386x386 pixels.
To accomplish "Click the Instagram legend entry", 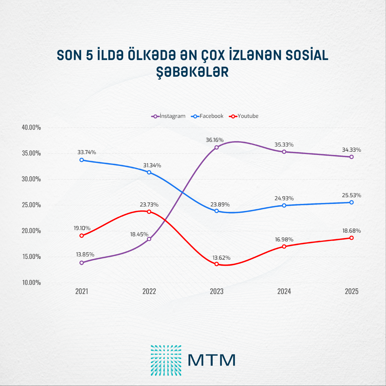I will [169, 116].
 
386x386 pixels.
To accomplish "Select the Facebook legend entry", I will [207, 116].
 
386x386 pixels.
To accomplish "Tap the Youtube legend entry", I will [244, 116].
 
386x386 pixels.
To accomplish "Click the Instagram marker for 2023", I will [216, 147].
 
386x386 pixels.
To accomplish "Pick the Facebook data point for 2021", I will [82, 160].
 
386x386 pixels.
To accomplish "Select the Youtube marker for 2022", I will [149, 212].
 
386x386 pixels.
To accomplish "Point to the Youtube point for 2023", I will [216, 264].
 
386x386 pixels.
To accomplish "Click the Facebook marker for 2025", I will [352, 202].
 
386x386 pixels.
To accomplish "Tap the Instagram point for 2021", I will [82, 262].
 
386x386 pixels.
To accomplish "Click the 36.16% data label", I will [215, 140].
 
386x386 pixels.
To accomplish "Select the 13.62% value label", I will [221, 258].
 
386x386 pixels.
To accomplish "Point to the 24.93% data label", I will [284, 198].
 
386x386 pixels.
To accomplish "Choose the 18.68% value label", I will [351, 231].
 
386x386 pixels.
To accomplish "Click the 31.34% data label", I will [152, 165].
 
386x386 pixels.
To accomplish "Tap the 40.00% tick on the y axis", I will [31, 127].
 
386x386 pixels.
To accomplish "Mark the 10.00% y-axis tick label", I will [31, 282].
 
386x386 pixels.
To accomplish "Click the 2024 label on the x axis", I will [284, 291].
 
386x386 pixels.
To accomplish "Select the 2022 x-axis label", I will [149, 291].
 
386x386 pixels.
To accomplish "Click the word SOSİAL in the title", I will [307, 55].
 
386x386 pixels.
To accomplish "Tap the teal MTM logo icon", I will [166, 360].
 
